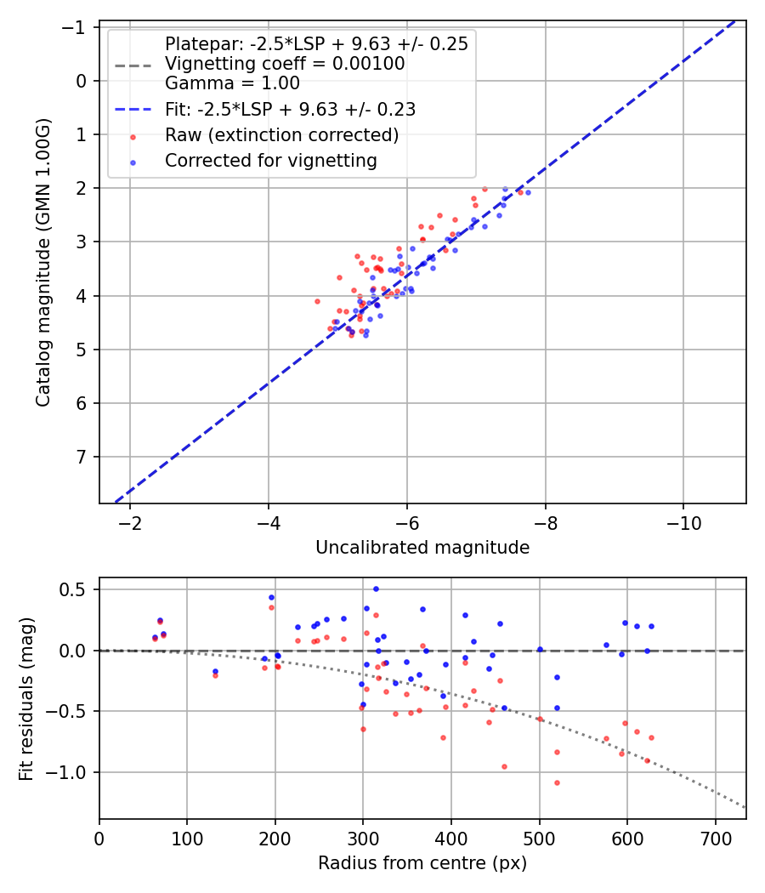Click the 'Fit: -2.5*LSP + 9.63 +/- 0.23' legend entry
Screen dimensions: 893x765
pos(290,110)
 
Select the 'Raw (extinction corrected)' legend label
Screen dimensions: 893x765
pos(281,135)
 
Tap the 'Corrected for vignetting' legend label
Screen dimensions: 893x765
pos(270,160)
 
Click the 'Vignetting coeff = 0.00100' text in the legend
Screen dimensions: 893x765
pos(284,64)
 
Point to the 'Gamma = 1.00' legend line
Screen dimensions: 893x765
pos(232,83)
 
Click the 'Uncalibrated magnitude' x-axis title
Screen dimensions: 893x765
pos(422,548)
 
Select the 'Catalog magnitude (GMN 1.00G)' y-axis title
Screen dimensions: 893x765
pos(43,263)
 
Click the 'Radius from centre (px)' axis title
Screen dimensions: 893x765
pos(422,863)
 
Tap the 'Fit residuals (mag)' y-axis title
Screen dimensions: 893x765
pos(26,698)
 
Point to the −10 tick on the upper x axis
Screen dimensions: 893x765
pos(683,523)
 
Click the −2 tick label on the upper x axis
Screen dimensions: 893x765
pos(130,523)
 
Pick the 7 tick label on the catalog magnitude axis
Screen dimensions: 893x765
pos(82,458)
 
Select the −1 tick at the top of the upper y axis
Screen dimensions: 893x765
pos(76,27)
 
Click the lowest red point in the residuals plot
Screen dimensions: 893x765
pos(557,782)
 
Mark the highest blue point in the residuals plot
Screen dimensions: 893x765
pos(376,589)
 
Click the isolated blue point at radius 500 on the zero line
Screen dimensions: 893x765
pos(540,650)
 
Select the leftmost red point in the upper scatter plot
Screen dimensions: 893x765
pos(317,301)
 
